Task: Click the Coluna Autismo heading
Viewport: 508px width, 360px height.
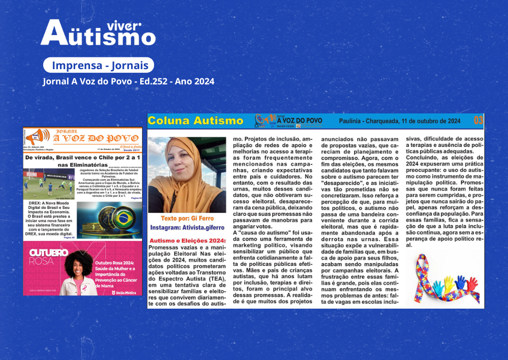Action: (195, 121)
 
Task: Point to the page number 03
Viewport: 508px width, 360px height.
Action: (478, 121)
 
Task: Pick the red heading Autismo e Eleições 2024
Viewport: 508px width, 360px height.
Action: (187, 240)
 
